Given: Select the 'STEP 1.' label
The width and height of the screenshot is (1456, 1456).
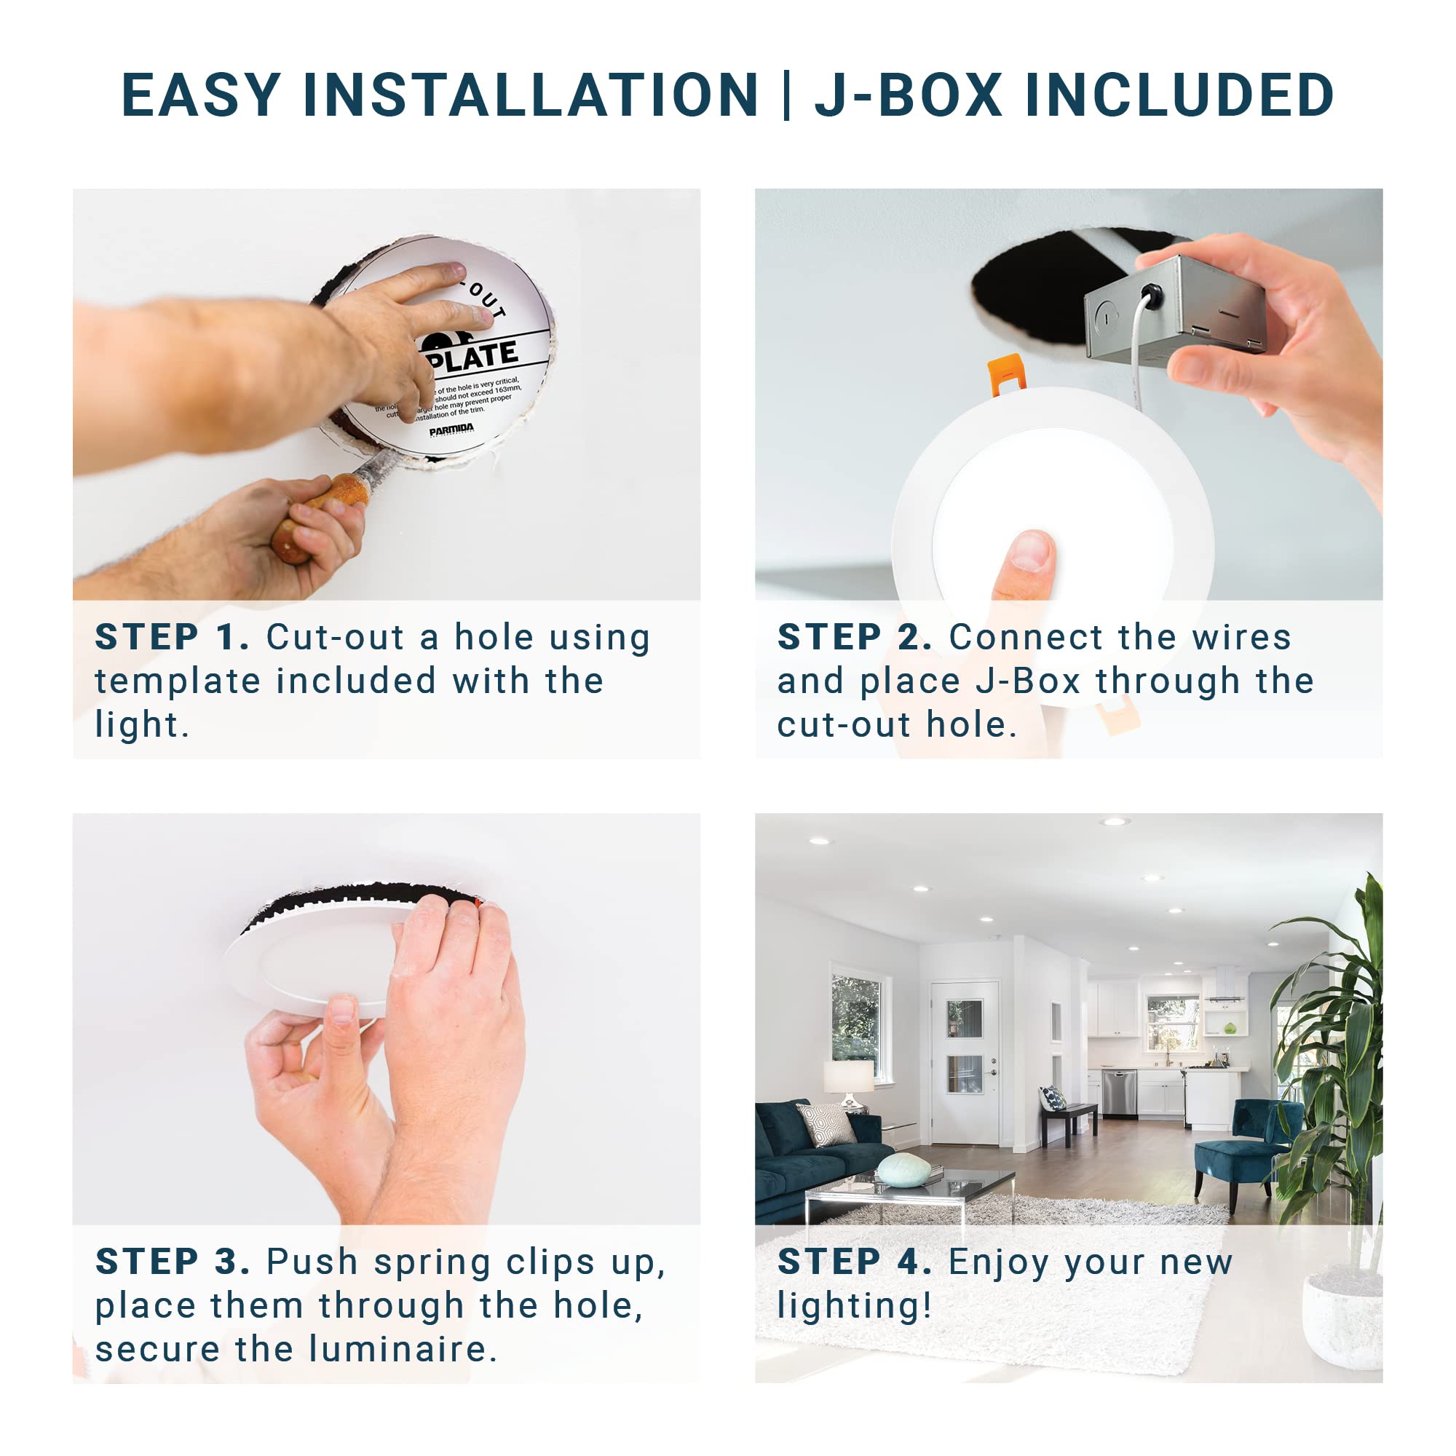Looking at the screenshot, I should [x=172, y=638].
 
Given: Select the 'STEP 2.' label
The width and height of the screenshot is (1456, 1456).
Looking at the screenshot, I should [x=854, y=638].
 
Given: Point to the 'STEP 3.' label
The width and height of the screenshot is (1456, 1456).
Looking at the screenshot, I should [x=173, y=1262].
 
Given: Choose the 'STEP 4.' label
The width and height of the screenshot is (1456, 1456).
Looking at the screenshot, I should [x=854, y=1262].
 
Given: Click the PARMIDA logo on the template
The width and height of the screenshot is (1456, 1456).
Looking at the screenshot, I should [x=451, y=430].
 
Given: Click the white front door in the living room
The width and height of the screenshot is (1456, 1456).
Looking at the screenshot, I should [x=965, y=1063].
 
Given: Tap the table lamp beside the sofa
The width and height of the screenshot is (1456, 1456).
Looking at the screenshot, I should [x=849, y=1082].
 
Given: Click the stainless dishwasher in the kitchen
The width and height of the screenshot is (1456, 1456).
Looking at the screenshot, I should [x=1119, y=1093].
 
